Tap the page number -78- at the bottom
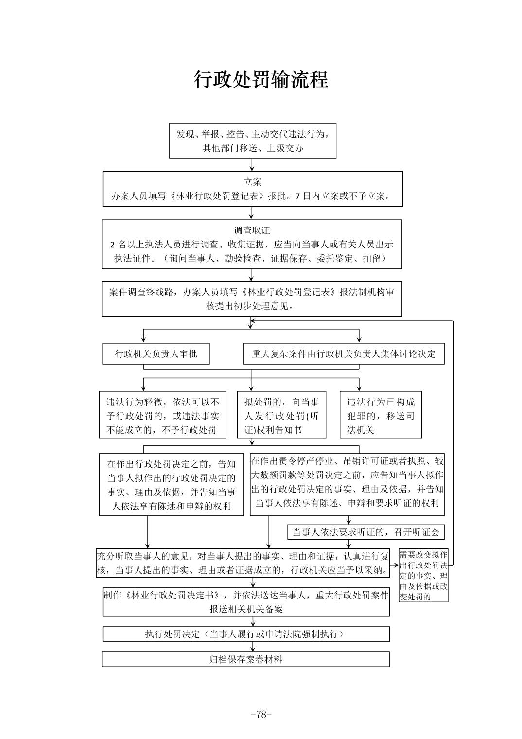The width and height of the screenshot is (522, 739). pos(261,714)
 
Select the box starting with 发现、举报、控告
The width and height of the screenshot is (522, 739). pos(253,141)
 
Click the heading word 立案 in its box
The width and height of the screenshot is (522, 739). pos(252,182)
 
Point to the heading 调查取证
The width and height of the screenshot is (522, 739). pos(252,230)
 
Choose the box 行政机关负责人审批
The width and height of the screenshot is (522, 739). pos(156,354)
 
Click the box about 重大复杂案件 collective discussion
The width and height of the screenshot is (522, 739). pos(344,354)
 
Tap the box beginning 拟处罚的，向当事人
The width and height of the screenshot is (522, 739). pos(281,415)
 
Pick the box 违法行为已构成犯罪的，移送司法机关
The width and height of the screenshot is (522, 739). pos(381,415)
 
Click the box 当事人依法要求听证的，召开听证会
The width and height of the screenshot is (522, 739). pos(365,532)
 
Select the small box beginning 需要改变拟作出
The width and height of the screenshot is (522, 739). pos(424,576)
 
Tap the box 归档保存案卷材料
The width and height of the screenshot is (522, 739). pos(245,659)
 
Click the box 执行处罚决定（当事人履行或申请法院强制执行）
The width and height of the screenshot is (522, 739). pos(245,634)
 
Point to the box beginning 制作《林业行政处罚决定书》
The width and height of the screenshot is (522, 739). pos(245,602)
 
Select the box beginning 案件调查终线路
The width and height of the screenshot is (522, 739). pos(252,299)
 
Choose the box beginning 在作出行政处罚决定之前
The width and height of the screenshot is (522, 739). pos(171,484)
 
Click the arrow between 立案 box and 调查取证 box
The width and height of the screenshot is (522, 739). pos(251,213)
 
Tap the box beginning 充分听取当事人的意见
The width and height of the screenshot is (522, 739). pos(243,563)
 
